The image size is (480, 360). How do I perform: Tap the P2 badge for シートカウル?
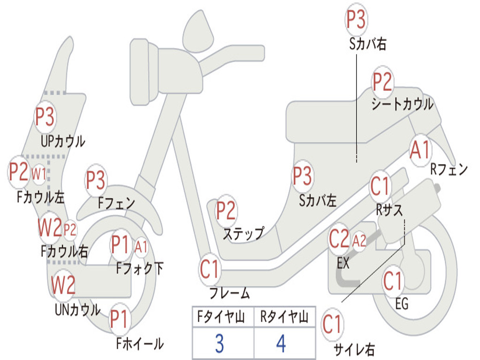[382, 82]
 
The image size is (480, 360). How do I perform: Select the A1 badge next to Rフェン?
[420, 150]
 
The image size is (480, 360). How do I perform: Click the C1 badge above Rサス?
[380, 186]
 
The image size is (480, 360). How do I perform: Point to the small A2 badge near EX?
[359, 241]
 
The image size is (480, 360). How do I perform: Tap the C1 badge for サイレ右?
[332, 324]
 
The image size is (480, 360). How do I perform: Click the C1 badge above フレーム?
[210, 270]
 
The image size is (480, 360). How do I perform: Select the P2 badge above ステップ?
[225, 211]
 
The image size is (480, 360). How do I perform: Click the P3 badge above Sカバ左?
[302, 176]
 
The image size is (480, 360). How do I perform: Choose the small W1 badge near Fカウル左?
[39, 174]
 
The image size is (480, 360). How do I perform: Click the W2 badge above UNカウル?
[63, 285]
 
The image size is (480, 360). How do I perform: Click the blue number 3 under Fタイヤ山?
[219, 344]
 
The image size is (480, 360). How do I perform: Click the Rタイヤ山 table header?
[284, 318]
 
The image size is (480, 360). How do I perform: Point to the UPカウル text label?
[63, 141]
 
